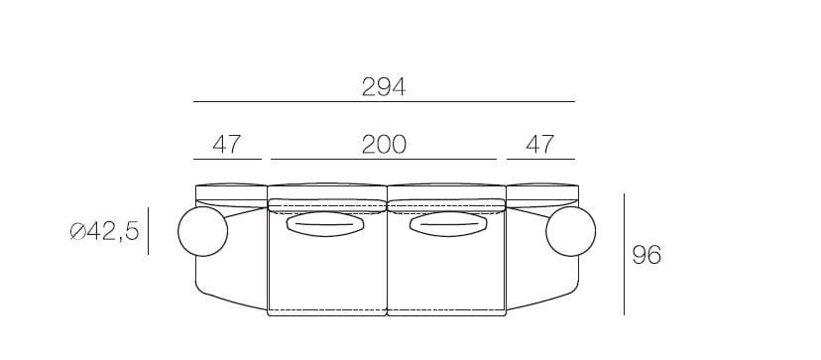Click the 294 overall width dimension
(384, 87)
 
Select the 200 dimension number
(384, 145)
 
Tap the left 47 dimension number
(227, 145)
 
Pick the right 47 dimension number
(539, 145)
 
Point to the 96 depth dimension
(646, 255)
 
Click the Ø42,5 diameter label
(105, 231)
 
